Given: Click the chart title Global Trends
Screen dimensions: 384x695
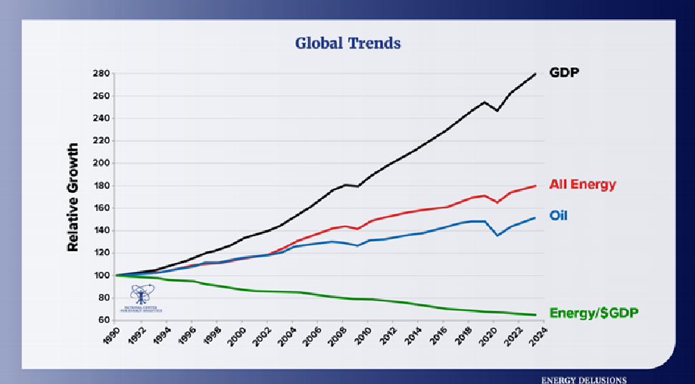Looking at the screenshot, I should pyautogui.click(x=348, y=43).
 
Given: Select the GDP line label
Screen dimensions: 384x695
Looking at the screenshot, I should pyautogui.click(x=564, y=72).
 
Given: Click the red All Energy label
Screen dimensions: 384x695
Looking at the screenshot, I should pyautogui.click(x=582, y=184).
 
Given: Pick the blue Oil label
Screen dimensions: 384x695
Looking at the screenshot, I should pyautogui.click(x=558, y=215).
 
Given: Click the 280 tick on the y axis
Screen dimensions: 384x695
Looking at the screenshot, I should pyautogui.click(x=100, y=74).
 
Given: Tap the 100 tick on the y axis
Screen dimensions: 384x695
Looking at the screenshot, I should pyautogui.click(x=100, y=275).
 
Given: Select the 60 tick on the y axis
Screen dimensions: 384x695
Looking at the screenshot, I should pyautogui.click(x=102, y=320).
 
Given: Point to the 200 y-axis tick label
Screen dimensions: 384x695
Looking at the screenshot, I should pyautogui.click(x=100, y=163).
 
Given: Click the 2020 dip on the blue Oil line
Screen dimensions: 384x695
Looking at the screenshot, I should pyautogui.click(x=497, y=235).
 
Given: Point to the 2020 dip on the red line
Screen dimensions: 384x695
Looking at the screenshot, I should pyautogui.click(x=497, y=202).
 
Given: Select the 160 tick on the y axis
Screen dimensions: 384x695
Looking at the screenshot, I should pyautogui.click(x=100, y=208).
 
